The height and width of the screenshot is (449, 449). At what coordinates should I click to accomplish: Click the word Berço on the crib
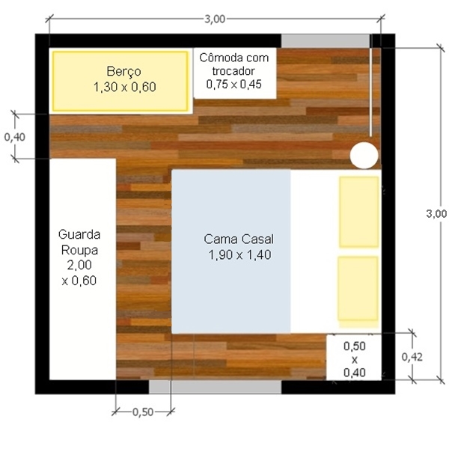coord(123,72)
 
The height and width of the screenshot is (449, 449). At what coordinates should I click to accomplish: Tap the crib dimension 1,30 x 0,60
coord(124,87)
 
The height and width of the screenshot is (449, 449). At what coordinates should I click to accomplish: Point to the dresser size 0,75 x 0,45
coord(234,84)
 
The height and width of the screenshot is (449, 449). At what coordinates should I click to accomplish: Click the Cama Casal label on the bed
coord(239,239)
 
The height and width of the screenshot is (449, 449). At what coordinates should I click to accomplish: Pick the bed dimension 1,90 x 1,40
coord(239,255)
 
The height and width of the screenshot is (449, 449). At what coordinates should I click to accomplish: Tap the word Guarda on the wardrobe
coord(79,234)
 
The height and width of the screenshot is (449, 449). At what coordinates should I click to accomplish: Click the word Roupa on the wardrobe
coord(79,250)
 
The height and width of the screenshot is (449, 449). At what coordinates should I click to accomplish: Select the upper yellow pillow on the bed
coord(359,212)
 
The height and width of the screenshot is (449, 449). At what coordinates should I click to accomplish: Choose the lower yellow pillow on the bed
coord(358,289)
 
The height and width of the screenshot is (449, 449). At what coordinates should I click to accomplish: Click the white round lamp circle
coord(364,155)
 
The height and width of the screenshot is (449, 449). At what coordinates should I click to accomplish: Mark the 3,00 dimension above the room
coord(215,19)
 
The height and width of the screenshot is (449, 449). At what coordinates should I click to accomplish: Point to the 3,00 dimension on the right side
coord(436,213)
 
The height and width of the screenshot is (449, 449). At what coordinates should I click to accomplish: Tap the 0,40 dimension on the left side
coord(15,137)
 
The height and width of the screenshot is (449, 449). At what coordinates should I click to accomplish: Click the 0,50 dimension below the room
coord(143,412)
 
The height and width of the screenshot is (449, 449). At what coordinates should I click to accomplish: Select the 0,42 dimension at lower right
coord(412,357)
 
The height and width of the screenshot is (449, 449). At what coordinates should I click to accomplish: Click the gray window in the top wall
coord(326,41)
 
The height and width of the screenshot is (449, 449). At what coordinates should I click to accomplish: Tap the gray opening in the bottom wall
coord(215,387)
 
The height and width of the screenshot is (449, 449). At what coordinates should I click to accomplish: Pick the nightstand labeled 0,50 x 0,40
coord(354,358)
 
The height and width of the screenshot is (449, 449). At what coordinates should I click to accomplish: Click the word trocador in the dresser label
coord(233,71)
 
